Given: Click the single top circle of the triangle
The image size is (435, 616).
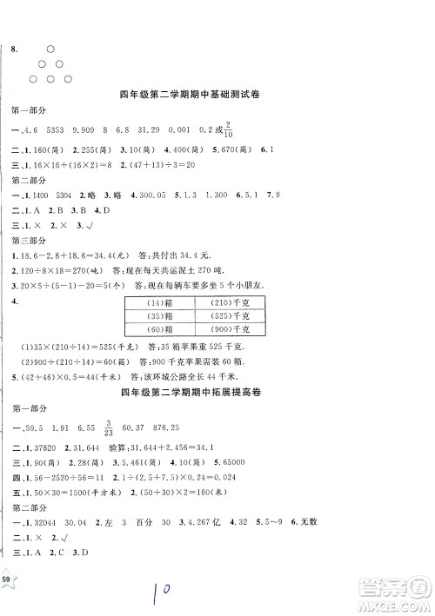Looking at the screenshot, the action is (50, 50).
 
